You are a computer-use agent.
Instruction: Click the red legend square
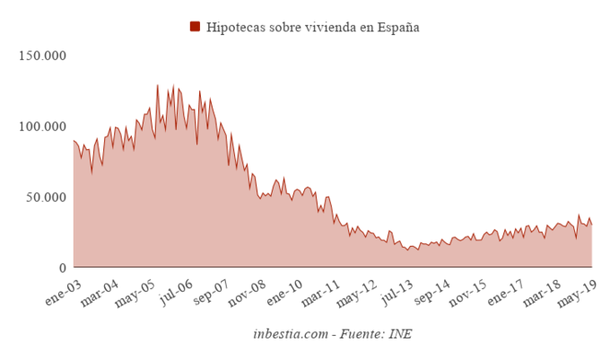coord(195,27)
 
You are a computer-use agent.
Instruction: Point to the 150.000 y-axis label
coord(44,56)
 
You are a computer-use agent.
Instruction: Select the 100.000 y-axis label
coord(44,127)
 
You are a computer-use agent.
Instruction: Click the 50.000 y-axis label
coord(48,198)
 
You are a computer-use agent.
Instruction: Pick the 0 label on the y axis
coord(63,268)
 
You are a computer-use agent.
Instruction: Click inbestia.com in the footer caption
coord(289,335)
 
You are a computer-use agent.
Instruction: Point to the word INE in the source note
coord(399,335)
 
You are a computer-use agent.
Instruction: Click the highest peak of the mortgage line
coord(157,85)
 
